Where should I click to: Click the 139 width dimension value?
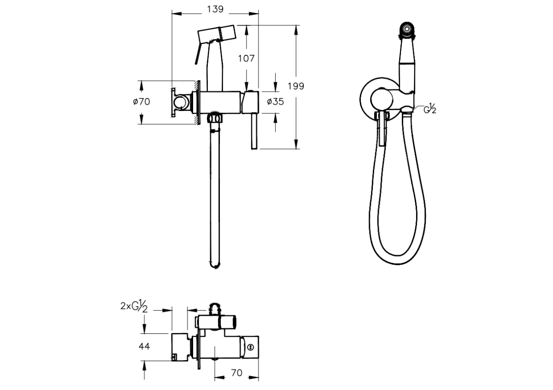coord(215,9)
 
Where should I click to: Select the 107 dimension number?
coord(246,59)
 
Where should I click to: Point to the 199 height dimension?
coord(296,87)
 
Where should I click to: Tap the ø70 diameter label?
coord(141,102)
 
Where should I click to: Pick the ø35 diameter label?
coord(275,102)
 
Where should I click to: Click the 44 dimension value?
coord(144,347)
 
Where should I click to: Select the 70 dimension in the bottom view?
coord(236,373)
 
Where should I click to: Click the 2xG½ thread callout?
coord(134,306)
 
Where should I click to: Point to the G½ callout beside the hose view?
coord(430,109)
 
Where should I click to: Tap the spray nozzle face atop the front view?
coord(406,29)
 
